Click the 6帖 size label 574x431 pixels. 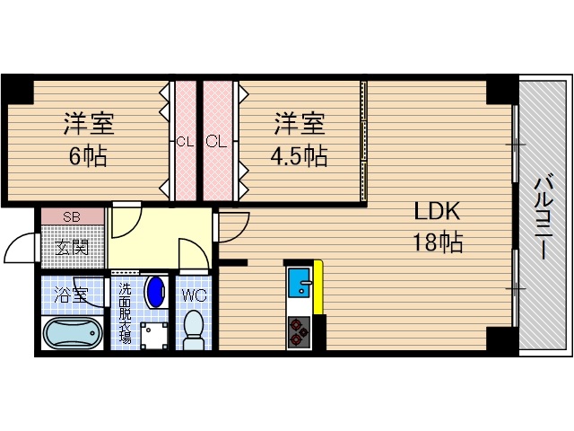pyautogui.click(x=88, y=156)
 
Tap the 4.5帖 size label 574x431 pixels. pyautogui.click(x=299, y=156)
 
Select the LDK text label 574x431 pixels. pyautogui.click(x=437, y=212)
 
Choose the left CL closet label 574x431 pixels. pyautogui.click(x=185, y=141)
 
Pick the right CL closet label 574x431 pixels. pyautogui.click(x=214, y=141)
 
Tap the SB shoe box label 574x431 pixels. pyautogui.click(x=72, y=217)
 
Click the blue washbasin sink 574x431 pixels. pyautogui.click(x=155, y=292)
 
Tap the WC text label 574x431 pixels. pyautogui.click(x=195, y=295)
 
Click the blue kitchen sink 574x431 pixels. pyautogui.click(x=300, y=284)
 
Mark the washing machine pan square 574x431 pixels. pyautogui.click(x=153, y=332)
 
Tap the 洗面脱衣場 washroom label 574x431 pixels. pyautogui.click(x=125, y=313)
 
